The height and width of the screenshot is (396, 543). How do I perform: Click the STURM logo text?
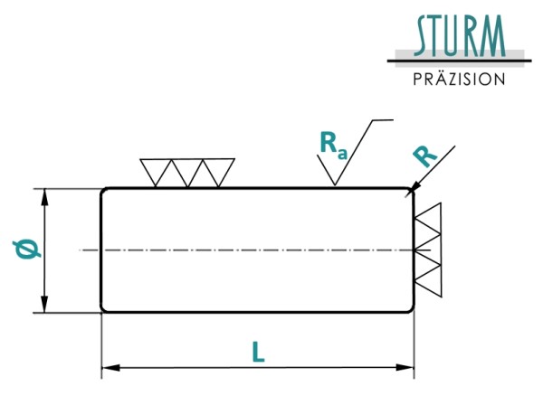[460, 35]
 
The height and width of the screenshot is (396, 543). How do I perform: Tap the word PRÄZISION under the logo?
[459, 80]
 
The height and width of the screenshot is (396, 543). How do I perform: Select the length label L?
[258, 352]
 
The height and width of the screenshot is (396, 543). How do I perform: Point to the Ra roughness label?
[333, 146]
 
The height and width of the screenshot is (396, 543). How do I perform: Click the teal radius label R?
[425, 156]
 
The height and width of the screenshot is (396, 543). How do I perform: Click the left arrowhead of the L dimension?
[110, 368]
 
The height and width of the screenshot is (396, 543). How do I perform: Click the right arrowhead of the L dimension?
[405, 367]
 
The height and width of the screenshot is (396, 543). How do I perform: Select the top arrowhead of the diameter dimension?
[44, 198]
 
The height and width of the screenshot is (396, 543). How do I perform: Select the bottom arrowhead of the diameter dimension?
[44, 304]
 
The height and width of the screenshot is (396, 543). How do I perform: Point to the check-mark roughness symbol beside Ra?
[353, 152]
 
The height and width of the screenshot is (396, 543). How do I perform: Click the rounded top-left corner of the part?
[103, 191]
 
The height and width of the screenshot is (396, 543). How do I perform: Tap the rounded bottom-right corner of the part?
[411, 310]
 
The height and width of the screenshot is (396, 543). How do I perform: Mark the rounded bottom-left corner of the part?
[103, 310]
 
